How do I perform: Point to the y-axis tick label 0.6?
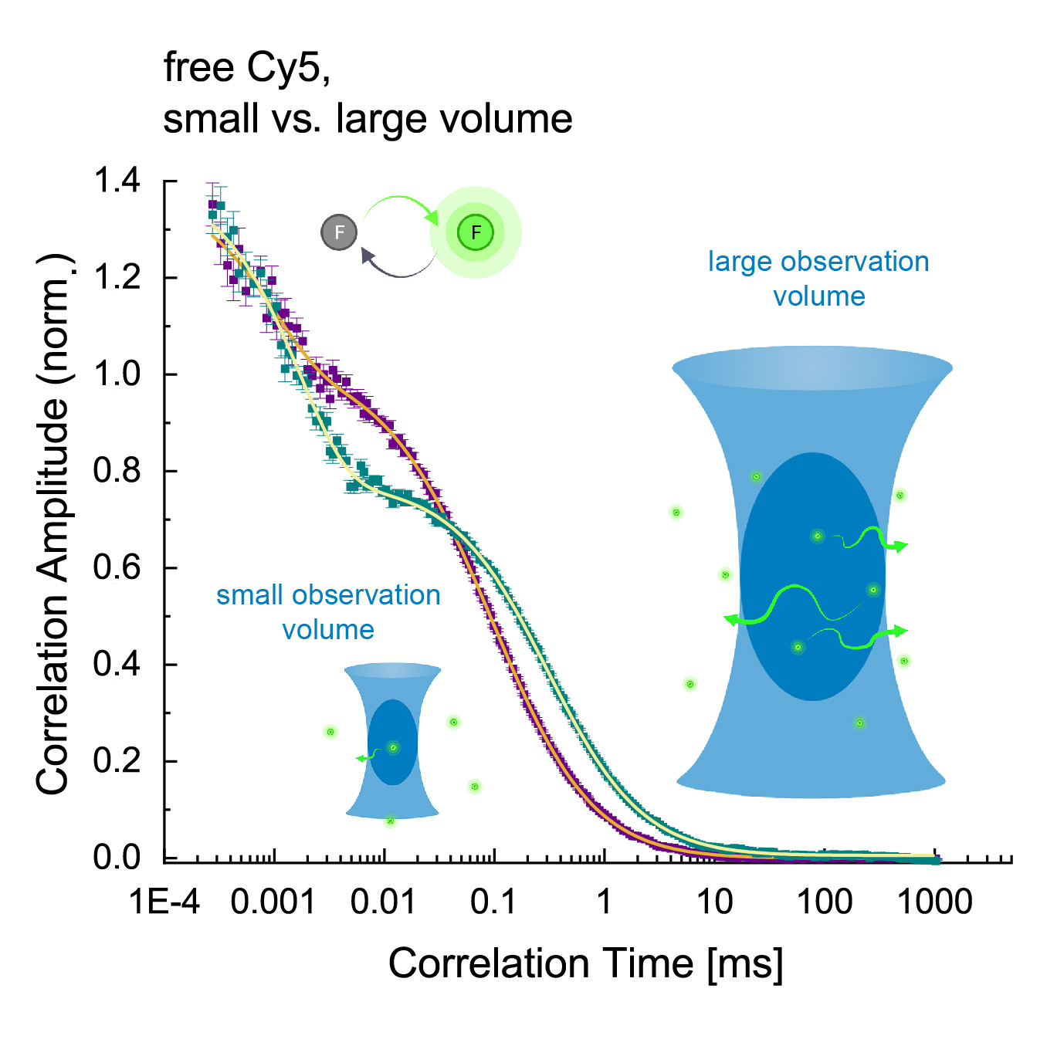[117, 567]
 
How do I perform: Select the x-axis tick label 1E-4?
[164, 902]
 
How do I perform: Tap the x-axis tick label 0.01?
[383, 902]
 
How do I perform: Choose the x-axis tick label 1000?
[935, 902]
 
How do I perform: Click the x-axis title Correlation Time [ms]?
[585, 963]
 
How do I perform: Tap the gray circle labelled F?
[339, 232]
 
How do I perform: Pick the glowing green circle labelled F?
[476, 232]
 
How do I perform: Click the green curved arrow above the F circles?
[400, 205]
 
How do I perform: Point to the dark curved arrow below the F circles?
[397, 266]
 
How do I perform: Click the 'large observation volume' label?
[818, 279]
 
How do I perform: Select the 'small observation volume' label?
[328, 612]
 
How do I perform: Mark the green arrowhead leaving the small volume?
[360, 759]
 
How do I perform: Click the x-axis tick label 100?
[825, 902]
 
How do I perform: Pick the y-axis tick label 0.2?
[117, 760]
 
